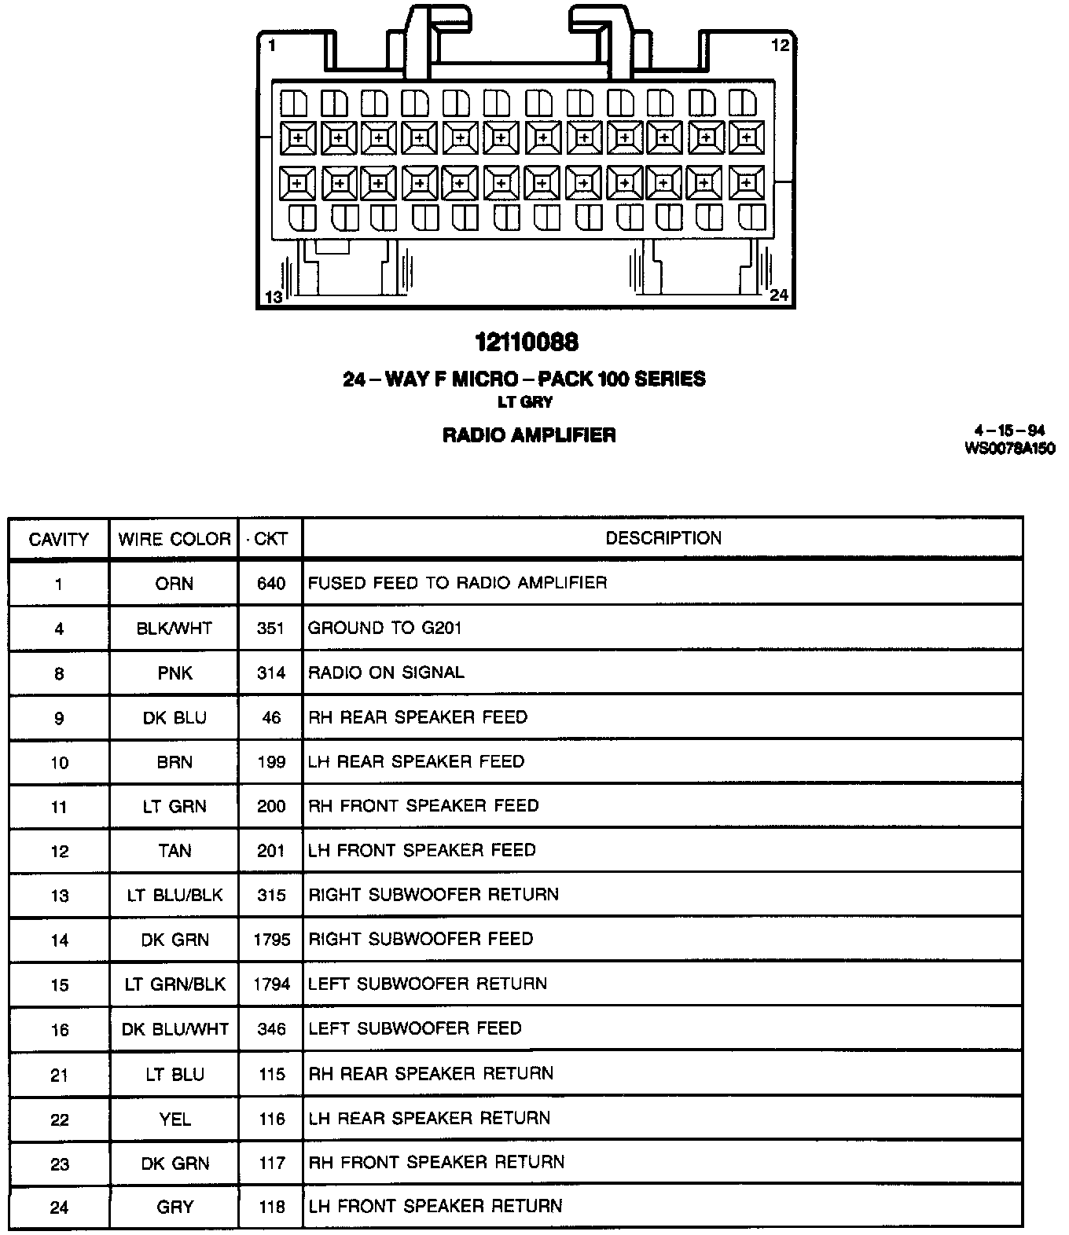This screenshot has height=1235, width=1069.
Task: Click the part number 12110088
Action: tap(527, 342)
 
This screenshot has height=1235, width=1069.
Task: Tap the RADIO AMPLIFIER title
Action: tap(529, 434)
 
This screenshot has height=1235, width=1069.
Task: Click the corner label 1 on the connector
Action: tap(271, 46)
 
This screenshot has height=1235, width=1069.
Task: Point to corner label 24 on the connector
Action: tap(778, 295)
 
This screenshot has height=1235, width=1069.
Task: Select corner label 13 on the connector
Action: tap(273, 297)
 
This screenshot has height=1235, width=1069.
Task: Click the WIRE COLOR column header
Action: tap(174, 539)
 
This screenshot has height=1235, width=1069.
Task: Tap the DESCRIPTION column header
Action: tap(663, 538)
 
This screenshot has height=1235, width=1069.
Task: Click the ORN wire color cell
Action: tap(174, 584)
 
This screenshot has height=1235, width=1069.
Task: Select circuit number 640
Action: tap(270, 584)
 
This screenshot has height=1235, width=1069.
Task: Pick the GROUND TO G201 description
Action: tap(384, 628)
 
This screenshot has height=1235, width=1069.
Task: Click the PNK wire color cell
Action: tap(174, 673)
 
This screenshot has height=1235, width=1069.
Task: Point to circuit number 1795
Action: tap(271, 940)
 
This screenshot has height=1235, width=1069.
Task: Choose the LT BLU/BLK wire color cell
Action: tap(174, 895)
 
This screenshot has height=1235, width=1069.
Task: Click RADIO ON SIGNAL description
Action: tap(386, 672)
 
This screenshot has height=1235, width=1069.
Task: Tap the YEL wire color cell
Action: tap(174, 1118)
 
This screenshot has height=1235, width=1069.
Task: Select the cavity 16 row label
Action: tap(59, 1029)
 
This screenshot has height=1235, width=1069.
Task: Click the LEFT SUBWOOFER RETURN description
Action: tap(427, 984)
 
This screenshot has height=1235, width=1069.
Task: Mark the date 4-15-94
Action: tap(1009, 430)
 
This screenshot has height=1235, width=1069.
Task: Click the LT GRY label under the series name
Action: tap(526, 401)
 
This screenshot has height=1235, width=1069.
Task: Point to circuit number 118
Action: tap(271, 1207)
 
